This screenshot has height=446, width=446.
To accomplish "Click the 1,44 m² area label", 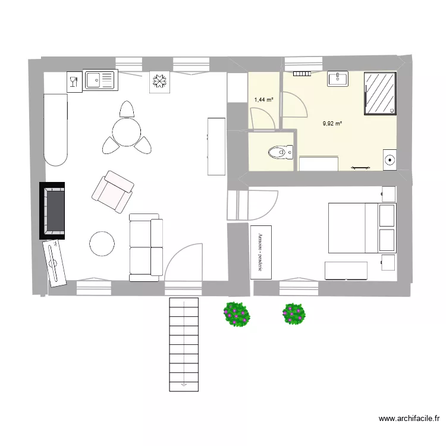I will click(263, 100).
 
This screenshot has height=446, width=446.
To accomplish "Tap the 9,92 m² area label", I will click(332, 124).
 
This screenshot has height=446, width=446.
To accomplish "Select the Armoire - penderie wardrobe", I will click(260, 252).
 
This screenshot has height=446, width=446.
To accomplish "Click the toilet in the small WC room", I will click(279, 153).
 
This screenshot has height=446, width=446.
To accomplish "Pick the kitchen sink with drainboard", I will click(99, 80).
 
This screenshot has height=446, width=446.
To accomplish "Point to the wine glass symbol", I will click(74, 81).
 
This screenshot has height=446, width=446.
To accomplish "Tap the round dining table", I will click(126, 131).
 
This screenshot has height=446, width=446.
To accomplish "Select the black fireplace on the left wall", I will click(53, 211).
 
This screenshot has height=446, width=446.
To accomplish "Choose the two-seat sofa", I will click(146, 247).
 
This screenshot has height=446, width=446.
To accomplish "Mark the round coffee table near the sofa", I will click(102, 244).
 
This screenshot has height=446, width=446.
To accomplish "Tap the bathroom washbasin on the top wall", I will click(338, 78).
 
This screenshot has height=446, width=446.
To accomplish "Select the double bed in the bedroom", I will click(362, 227).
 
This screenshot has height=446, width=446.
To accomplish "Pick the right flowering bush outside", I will click(294, 313).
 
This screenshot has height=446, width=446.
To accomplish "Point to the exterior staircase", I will click(184, 344).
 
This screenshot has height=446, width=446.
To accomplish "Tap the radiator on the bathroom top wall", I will click(303, 73).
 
